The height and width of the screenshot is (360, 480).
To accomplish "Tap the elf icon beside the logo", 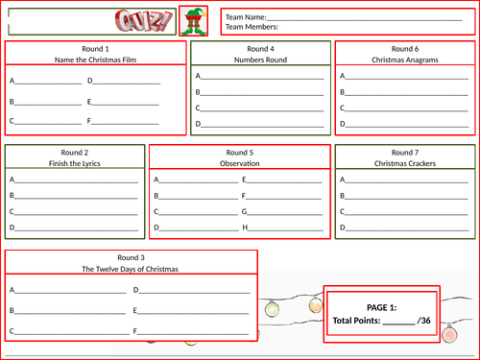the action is click(193, 19).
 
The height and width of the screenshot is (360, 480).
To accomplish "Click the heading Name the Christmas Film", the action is click(94, 60).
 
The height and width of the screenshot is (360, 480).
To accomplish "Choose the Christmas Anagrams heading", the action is click(405, 60).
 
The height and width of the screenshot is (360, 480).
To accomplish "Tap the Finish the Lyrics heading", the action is click(75, 163).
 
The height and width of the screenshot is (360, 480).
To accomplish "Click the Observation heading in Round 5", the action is click(239, 163).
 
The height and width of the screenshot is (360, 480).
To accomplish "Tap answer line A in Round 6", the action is click(408, 77).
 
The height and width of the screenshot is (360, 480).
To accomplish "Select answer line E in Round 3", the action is click(195, 311).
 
